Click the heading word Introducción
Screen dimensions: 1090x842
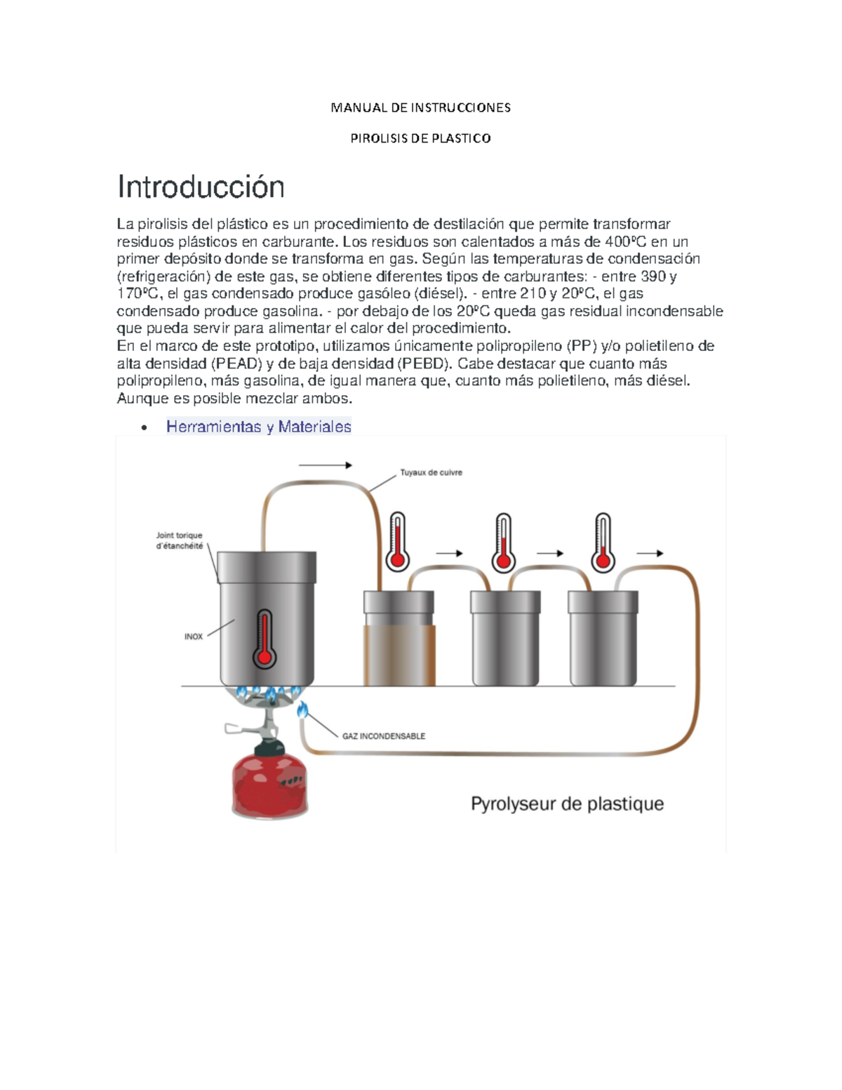tap(201, 187)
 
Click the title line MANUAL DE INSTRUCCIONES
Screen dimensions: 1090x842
tap(420, 107)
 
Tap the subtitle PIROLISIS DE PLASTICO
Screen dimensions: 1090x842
tap(420, 138)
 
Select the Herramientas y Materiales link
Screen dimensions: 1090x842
tap(258, 427)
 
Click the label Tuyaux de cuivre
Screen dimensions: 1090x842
tap(431, 472)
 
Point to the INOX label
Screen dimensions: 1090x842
tap(194, 637)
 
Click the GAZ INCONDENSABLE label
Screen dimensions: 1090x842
tap(383, 736)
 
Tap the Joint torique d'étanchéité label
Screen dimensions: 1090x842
tap(179, 540)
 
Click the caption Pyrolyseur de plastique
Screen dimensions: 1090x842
tap(567, 804)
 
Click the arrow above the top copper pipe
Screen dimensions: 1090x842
tap(325, 465)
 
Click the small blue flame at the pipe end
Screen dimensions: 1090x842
tap(302, 710)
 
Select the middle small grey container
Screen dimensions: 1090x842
tap(504, 639)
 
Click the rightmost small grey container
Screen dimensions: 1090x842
tap(603, 639)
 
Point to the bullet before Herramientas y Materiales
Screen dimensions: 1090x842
tap(144, 427)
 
